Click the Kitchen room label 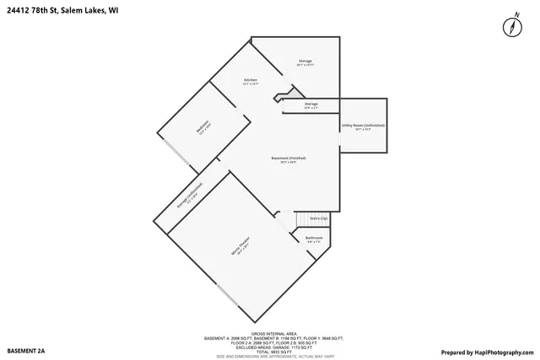(x=250, y=81)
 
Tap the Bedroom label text (x=202, y=127)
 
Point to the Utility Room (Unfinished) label (x=363, y=126)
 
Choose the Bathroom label (x=314, y=238)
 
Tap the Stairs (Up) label (x=319, y=218)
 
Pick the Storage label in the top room (x=305, y=62)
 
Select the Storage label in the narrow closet (x=311, y=104)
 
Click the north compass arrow (x=511, y=26)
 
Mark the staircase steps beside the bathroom (x=300, y=220)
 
